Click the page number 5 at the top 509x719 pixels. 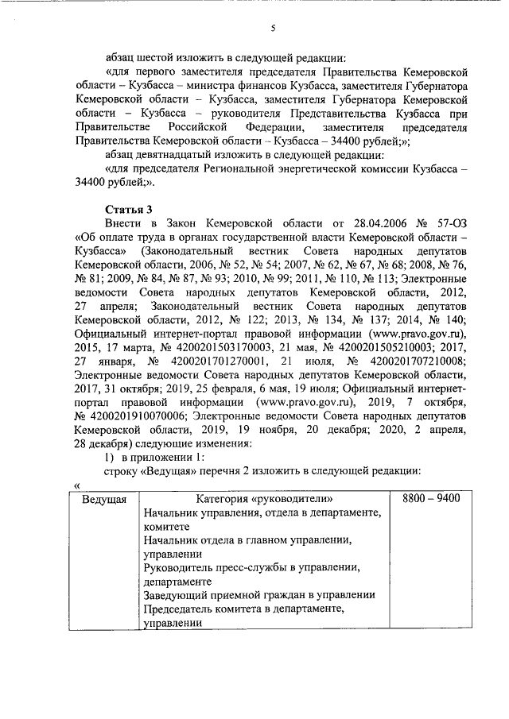(272, 29)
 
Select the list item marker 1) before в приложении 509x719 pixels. (111, 460)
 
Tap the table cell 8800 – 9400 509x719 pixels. (425, 499)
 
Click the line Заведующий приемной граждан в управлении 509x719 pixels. (258, 595)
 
